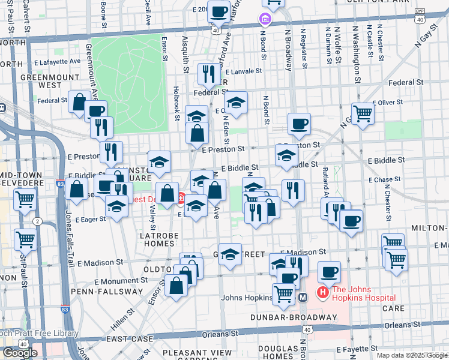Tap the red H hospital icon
(322, 293)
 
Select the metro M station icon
(303, 296)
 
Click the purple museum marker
(264, 20)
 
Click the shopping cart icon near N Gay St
(363, 112)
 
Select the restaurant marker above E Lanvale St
(209, 74)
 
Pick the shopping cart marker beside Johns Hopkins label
(283, 293)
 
